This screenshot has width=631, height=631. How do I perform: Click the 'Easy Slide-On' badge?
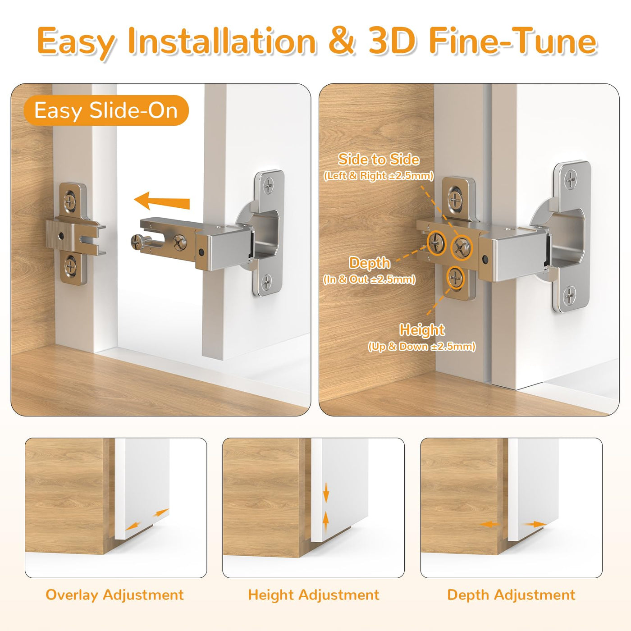[106, 110]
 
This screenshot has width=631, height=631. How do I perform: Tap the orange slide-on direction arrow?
[162, 201]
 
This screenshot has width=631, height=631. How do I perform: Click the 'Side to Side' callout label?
[379, 160]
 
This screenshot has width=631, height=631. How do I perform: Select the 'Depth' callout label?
[370, 263]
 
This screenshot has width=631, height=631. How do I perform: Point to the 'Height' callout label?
[422, 330]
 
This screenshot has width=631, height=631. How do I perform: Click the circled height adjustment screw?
[455, 278]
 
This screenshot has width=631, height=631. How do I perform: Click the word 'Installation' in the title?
[222, 41]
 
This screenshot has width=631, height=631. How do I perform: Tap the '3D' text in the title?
[392, 41]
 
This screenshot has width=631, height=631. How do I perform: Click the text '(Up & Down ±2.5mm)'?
[421, 347]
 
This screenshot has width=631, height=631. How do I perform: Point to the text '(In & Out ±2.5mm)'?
[370, 279]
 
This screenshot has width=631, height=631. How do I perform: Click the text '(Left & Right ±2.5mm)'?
[379, 176]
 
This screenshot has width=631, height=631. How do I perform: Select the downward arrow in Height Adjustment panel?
[326, 501]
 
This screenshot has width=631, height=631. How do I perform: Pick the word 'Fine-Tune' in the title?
[513, 41]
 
